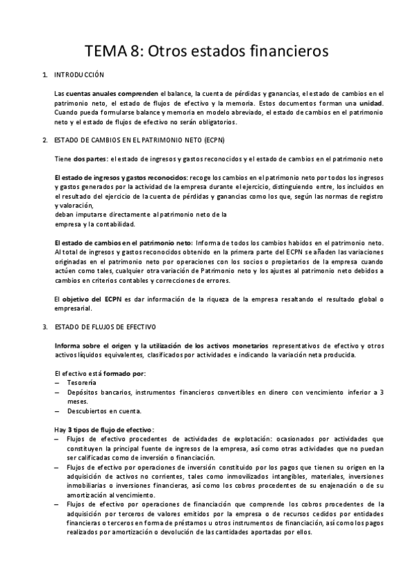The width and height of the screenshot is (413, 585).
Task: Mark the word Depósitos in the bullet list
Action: (x=85, y=393)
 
